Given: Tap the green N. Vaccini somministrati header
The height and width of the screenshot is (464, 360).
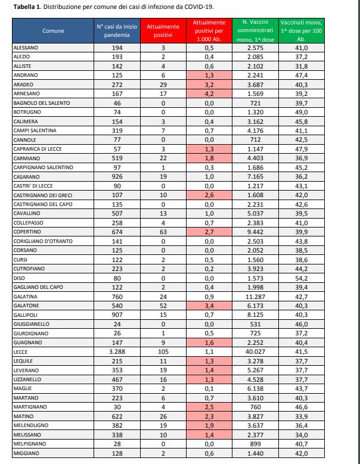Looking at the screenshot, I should point(255,29).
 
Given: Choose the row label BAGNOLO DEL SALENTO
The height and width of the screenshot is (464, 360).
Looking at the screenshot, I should point(41,103).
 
